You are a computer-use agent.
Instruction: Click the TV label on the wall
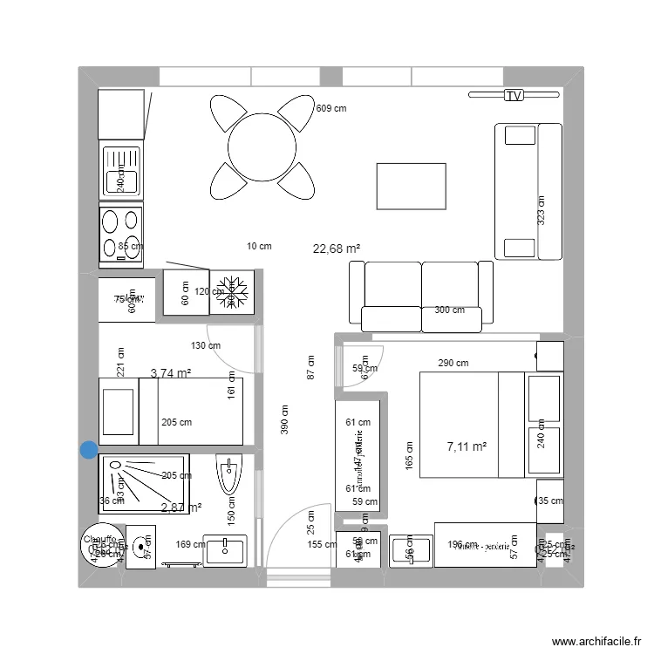pyautogui.click(x=514, y=96)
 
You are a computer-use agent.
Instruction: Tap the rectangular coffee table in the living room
pyautogui.click(x=411, y=186)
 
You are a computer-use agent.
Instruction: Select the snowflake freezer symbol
pyautogui.click(x=232, y=291)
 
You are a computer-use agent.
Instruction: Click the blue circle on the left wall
pyautogui.click(x=89, y=450)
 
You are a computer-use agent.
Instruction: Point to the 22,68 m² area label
pyautogui.click(x=337, y=249)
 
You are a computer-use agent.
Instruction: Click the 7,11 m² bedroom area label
pyautogui.click(x=467, y=446)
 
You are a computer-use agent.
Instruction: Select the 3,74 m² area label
pyautogui.click(x=171, y=373)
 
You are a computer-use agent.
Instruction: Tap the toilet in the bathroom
pyautogui.click(x=228, y=476)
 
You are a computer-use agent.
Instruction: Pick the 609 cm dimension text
pyautogui.click(x=330, y=109)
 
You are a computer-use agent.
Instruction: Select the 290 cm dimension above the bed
pyautogui.click(x=453, y=363)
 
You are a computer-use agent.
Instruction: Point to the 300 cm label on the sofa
pyautogui.click(x=450, y=310)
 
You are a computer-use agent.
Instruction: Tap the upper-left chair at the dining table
pyautogui.click(x=228, y=113)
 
